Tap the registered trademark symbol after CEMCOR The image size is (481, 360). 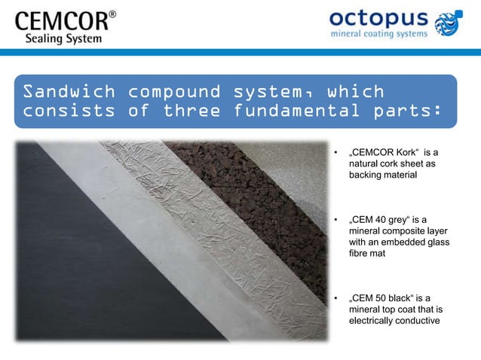(112, 14)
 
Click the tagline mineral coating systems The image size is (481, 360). (379, 34)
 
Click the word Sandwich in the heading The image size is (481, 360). (69, 92)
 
